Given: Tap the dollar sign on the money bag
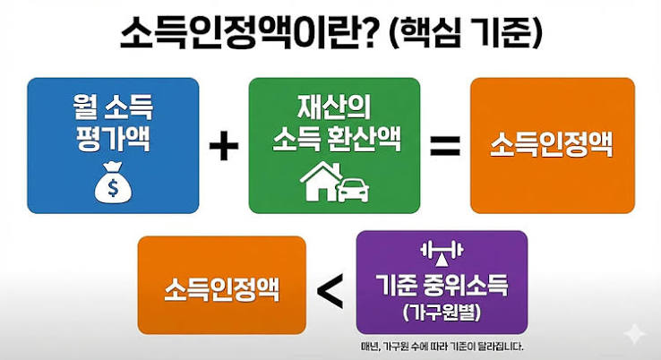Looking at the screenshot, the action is [x=113, y=187].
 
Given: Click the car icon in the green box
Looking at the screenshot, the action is [x=353, y=190].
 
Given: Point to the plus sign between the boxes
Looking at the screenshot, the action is [x=224, y=145].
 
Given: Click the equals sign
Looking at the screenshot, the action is [x=445, y=145].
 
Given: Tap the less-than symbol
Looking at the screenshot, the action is [x=330, y=290].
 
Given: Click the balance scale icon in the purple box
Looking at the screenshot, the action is [x=442, y=253].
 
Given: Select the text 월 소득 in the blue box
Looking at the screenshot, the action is [x=113, y=107].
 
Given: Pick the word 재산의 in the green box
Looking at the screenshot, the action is [x=334, y=107].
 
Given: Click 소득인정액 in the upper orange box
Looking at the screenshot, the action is [x=552, y=145].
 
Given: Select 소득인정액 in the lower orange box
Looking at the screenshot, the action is [x=222, y=289].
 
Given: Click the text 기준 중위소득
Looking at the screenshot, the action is [x=442, y=285].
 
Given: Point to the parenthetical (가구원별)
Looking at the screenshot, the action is [x=442, y=313].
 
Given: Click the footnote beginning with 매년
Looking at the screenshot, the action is [x=442, y=347].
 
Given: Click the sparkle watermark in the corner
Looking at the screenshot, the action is [x=634, y=334].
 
